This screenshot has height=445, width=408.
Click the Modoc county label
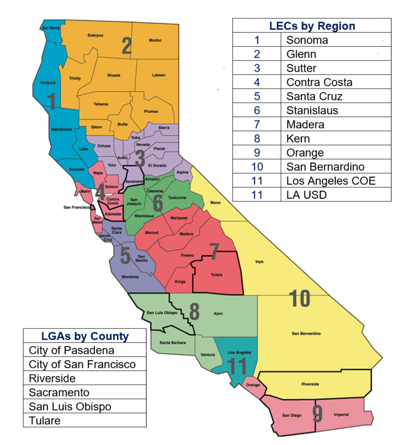pyautogui.click(x=155, y=40)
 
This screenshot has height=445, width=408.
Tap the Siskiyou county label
pyautogui.click(x=95, y=35)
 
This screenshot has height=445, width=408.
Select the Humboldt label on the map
pyautogui.click(x=48, y=83)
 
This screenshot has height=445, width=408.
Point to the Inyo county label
pyautogui.click(x=259, y=262)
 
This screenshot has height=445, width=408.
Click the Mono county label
pyautogui.click(x=215, y=202)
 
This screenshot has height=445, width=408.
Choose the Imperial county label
pyautogui.click(x=341, y=414)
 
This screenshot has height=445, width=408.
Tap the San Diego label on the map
pyautogui.click(x=291, y=415)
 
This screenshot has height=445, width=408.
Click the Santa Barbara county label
pyautogui.click(x=172, y=342)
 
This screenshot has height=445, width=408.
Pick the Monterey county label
pyautogui.click(x=130, y=277)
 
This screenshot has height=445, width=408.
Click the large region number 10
pyautogui.click(x=300, y=299)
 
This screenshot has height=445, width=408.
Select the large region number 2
pyautogui.click(x=127, y=46)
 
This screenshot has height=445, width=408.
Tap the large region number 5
pyautogui.click(x=125, y=255)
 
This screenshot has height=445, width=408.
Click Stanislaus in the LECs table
pyautogui.click(x=312, y=111)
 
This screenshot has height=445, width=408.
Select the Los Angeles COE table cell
pyautogui.click(x=331, y=181)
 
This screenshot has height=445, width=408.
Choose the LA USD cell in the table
pyautogui.click(x=306, y=195)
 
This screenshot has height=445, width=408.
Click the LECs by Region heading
pyautogui.click(x=312, y=26)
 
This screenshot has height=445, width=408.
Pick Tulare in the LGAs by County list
pyautogui.click(x=45, y=421)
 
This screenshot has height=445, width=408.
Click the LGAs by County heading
pyautogui.click(x=85, y=336)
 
